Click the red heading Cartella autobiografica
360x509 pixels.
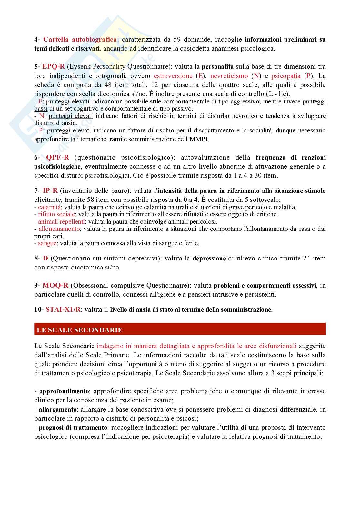[x=80, y=40]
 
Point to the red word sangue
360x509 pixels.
[x=47, y=243]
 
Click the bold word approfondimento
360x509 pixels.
[x=64, y=391]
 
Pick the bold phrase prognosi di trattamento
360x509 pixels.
[x=73, y=428]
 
